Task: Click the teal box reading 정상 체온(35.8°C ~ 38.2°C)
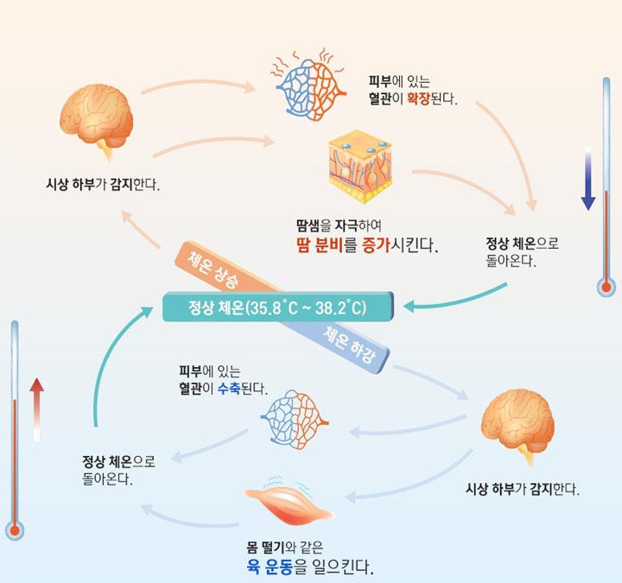point(277,307)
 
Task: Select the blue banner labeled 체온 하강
point(351,344)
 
